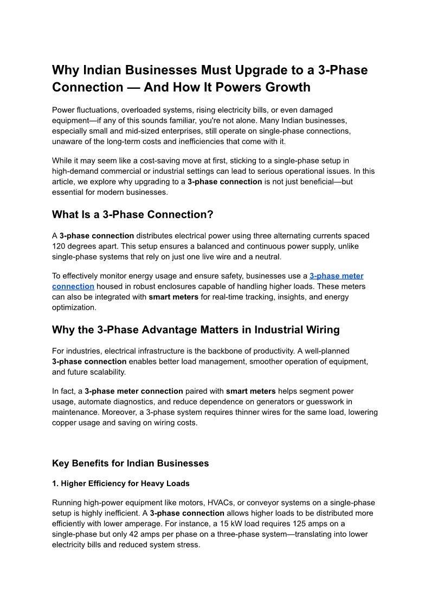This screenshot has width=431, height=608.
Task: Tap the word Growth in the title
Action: pyautogui.click(x=284, y=87)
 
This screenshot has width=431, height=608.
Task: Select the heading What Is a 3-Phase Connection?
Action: pyautogui.click(x=132, y=214)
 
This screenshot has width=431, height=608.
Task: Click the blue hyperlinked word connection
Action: pyautogui.click(x=73, y=286)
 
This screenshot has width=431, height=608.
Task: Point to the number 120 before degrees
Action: pyautogui.click(x=59, y=246)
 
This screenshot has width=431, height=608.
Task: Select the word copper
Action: pyautogui.click(x=66, y=423)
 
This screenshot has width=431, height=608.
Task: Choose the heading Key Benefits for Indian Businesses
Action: pyautogui.click(x=130, y=463)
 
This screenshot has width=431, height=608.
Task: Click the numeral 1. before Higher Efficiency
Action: pyautogui.click(x=55, y=483)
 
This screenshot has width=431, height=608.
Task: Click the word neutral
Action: pyautogui.click(x=267, y=257)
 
